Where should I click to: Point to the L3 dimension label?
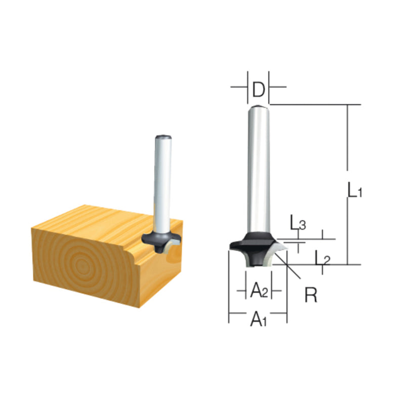point(298,223)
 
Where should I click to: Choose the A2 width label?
point(259,291)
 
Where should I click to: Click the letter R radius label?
point(310,295)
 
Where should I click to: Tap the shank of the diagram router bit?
point(258,167)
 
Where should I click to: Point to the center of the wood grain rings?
point(81,263)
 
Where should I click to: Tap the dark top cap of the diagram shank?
point(258,106)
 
